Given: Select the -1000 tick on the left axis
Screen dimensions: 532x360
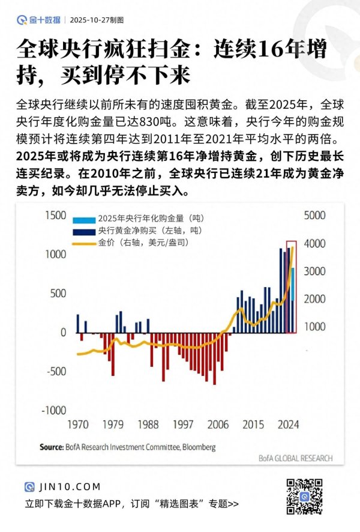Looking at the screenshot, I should pos(52,410).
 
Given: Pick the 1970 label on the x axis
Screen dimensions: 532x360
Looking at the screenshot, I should pos(77,425).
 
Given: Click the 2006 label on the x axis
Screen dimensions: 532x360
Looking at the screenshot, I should pos(218,425).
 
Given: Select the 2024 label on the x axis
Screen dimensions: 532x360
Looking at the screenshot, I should pos(289,425).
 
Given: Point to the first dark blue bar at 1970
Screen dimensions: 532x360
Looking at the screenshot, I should pos(77,323).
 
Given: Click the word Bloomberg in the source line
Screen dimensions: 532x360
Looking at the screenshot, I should pos(199,447).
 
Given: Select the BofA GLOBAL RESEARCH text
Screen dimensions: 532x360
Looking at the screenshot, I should pos(296,458).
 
